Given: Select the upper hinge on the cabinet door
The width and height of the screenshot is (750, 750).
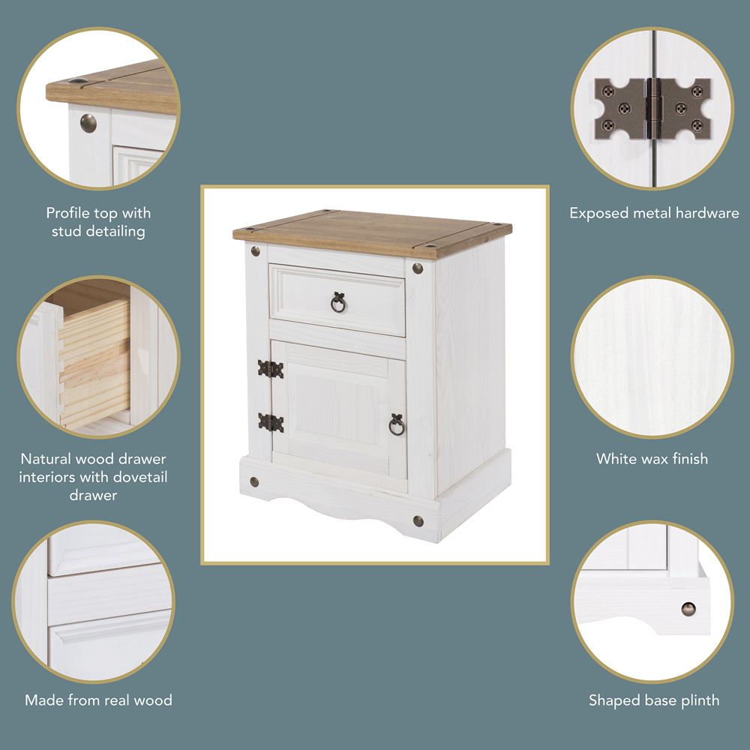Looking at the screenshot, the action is point(271,369).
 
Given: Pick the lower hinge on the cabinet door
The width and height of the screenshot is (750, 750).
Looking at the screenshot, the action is point(271,423).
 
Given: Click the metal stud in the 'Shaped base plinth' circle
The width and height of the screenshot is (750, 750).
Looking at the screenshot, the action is point(688,609).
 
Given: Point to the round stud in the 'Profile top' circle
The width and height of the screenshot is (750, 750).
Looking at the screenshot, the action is point(88,124).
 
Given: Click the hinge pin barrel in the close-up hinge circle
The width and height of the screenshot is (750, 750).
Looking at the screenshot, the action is point(653,109).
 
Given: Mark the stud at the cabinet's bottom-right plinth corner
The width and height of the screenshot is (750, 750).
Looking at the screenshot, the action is point(418,521).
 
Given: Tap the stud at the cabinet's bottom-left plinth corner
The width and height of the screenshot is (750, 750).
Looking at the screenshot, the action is point(254,481).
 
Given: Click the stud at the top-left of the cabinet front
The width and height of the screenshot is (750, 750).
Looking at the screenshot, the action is point(256,250).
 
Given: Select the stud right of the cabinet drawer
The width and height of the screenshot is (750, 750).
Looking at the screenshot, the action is point(418,268).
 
